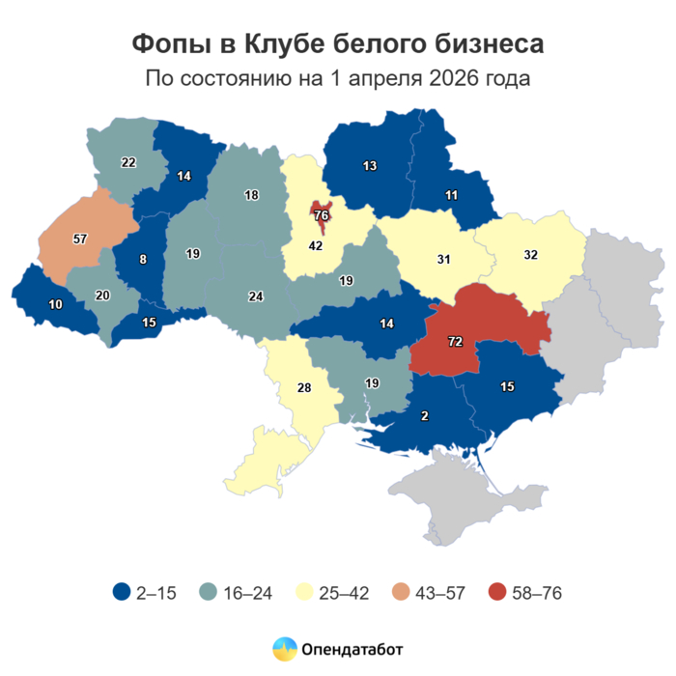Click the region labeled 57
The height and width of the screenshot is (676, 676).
click(x=80, y=238)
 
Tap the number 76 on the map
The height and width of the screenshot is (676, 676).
click(x=322, y=215)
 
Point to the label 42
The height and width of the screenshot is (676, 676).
click(x=315, y=246)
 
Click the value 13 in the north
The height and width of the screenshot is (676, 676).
click(x=369, y=166)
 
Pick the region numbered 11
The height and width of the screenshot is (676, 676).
click(x=451, y=195)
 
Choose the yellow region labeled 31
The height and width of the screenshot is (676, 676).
click(x=443, y=259)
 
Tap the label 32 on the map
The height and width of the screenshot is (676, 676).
click(x=529, y=256)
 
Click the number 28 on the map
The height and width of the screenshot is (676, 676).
click(x=303, y=388)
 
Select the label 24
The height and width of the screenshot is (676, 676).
click(x=255, y=296)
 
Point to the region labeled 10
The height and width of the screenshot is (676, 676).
click(x=55, y=305)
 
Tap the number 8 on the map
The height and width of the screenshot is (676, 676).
click(x=143, y=259)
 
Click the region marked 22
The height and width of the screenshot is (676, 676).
click(x=127, y=162)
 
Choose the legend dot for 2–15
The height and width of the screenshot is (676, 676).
click(x=122, y=593)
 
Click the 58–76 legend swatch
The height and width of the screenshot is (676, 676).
click(x=499, y=593)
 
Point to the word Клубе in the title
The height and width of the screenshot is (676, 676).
click(x=286, y=43)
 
